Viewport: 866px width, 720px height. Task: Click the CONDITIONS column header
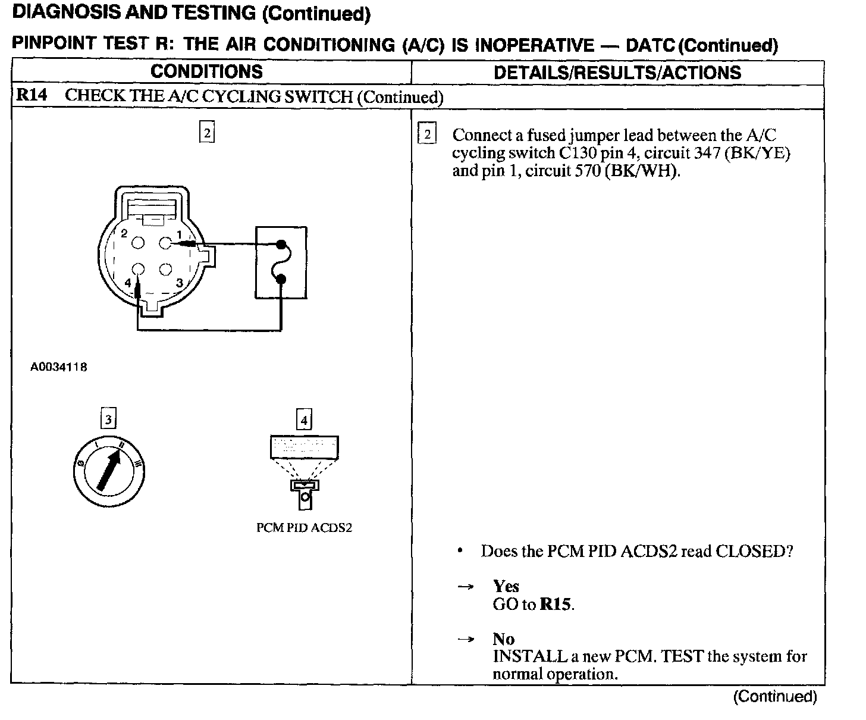[206, 72]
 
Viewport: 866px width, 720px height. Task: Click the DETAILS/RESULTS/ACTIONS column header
[617, 73]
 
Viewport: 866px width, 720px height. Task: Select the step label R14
[32, 96]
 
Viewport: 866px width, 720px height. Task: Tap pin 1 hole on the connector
[165, 243]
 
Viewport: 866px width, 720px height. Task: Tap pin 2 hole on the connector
[138, 243]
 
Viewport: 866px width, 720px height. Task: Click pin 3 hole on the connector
[165, 270]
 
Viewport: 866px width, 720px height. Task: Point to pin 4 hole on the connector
[138, 270]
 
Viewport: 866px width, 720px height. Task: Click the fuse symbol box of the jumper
[281, 262]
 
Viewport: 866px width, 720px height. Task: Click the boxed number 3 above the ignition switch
[108, 420]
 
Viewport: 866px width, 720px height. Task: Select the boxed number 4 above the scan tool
[304, 421]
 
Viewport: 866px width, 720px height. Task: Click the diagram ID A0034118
[58, 368]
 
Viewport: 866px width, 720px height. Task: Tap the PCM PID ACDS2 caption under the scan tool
[304, 528]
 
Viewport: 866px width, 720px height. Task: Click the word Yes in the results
[506, 587]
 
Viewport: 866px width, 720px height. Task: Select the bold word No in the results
[503, 639]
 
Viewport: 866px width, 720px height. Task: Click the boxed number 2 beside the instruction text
[426, 135]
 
